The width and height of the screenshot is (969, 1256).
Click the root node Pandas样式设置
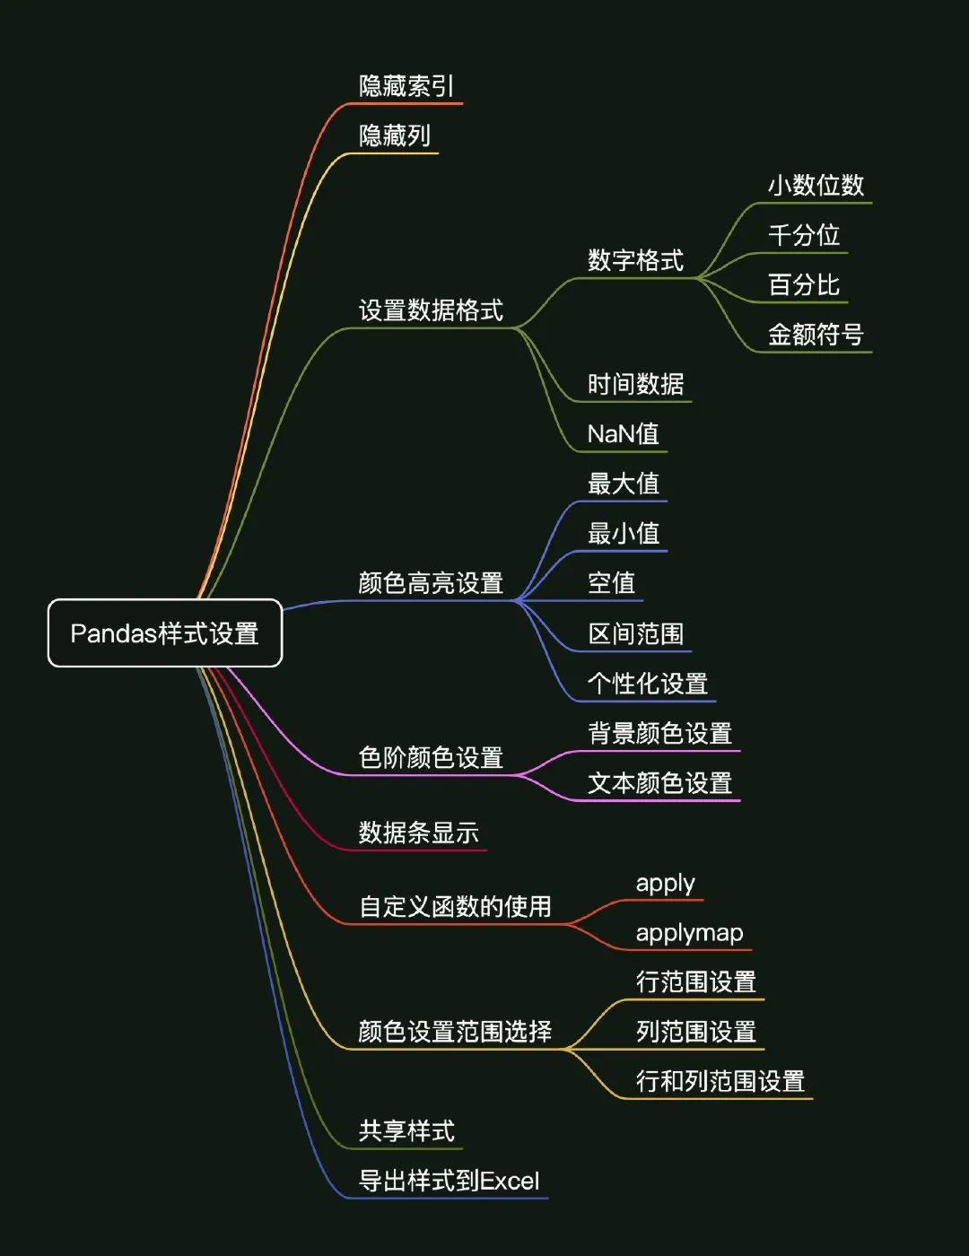[165, 633]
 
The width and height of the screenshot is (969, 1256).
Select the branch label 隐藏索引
[406, 86]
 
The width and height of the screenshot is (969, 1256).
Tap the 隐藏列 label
[395, 135]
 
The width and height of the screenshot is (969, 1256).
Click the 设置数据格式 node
[431, 310]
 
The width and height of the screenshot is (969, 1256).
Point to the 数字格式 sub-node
[635, 260]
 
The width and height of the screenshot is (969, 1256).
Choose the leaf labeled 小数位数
[816, 186]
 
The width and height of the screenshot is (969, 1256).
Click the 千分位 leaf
[804, 235]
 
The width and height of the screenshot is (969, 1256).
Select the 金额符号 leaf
[816, 335]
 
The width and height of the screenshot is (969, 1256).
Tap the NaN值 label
[623, 434]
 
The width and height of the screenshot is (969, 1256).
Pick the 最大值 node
[623, 484]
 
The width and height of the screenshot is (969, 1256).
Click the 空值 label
[611, 583]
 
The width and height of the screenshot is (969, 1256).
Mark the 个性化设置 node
[647, 684]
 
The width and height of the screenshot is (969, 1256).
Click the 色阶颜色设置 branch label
[431, 758]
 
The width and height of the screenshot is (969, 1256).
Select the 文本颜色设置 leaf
[659, 783]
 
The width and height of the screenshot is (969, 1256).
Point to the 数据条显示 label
[418, 833]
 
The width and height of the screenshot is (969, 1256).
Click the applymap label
[689, 933]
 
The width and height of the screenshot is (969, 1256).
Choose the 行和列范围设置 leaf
[720, 1081]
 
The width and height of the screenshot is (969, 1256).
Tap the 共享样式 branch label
[406, 1131]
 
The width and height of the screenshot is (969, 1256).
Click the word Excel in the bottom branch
[510, 1181]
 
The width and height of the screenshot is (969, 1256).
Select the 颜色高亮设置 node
[431, 583]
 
